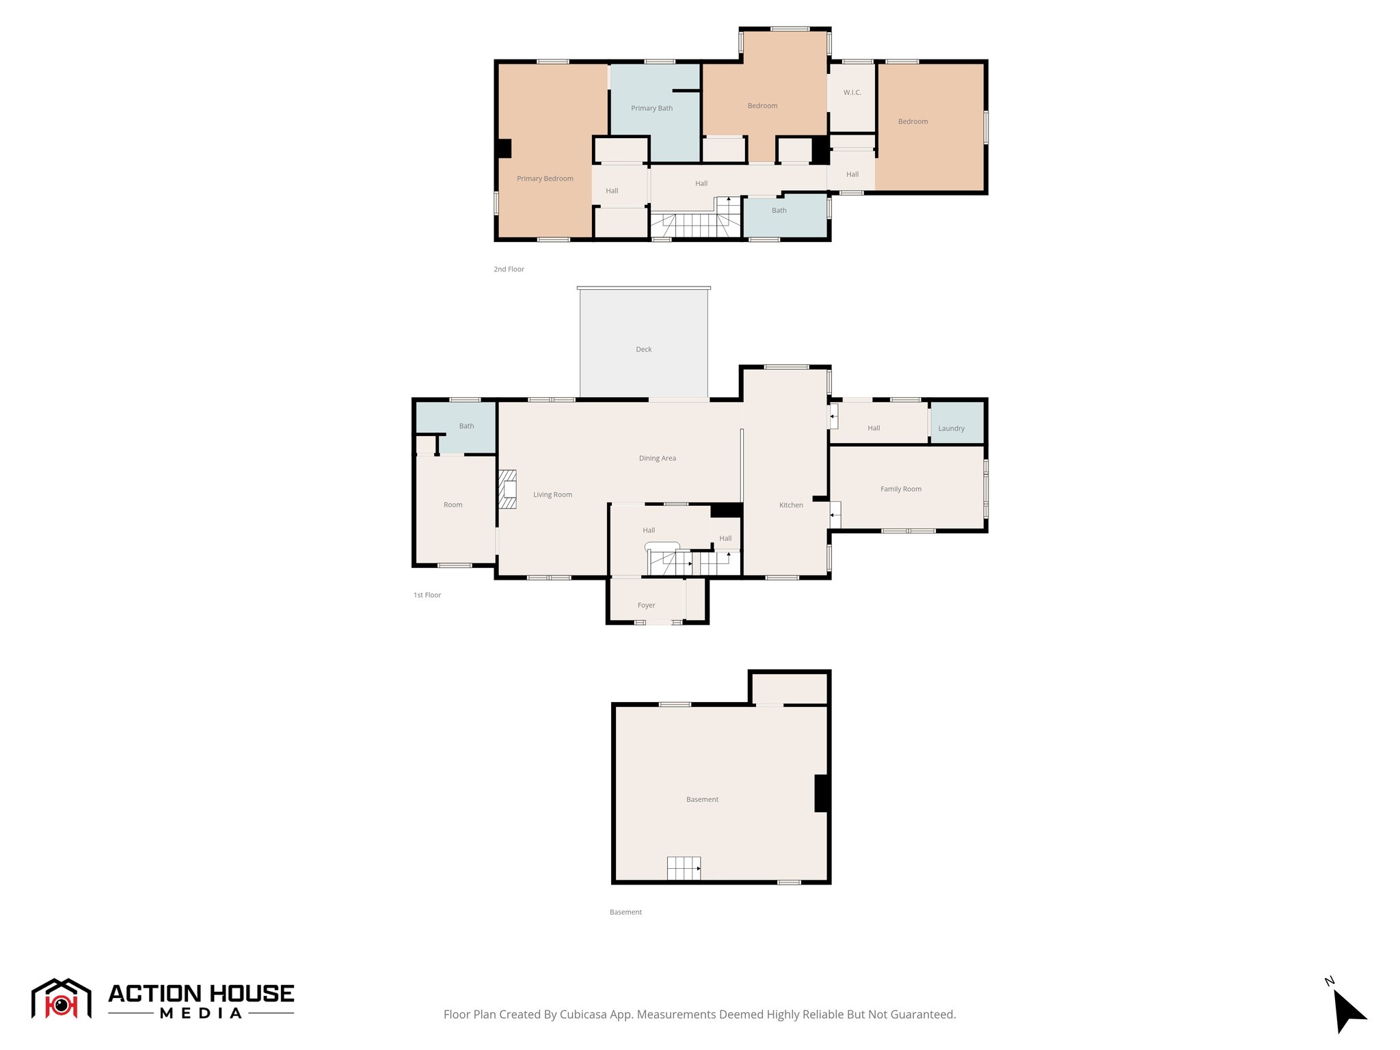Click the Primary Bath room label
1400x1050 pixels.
651,108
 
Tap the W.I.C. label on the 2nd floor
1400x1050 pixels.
852,92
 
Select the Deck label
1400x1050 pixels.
643,349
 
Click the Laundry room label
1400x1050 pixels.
951,429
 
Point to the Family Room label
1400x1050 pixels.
900,489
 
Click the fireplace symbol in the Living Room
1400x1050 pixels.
507,489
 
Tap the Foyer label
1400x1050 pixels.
646,605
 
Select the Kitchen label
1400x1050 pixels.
791,505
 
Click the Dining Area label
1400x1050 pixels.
657,458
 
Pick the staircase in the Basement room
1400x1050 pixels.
684,868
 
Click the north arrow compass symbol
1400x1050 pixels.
1348,1010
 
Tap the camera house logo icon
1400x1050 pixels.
62,999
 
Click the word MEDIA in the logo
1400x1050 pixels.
201,1014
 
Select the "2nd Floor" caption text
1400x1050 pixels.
509,269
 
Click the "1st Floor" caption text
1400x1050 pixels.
427,595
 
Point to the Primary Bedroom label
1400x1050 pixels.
545,178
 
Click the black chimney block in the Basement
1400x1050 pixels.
822,793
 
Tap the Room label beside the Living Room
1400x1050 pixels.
453,504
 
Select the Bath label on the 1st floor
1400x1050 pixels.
466,426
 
